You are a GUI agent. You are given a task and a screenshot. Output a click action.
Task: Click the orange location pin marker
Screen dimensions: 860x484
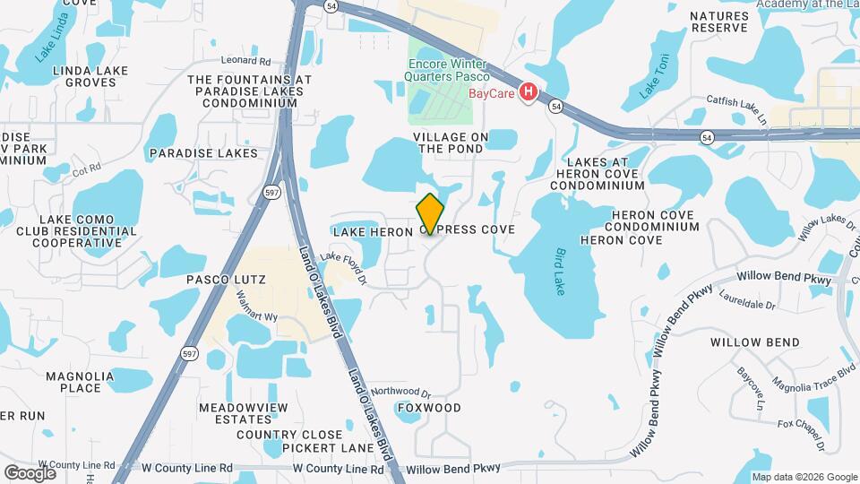431,214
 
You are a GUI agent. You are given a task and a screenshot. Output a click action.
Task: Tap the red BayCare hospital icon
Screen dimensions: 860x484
529,91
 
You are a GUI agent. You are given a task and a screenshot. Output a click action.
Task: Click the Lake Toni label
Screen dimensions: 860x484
653,78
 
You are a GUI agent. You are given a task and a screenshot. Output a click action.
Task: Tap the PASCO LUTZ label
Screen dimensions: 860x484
226,280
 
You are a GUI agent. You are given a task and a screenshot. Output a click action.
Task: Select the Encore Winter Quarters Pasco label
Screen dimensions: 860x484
446,70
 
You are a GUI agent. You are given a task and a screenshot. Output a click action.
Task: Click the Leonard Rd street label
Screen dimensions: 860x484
245,62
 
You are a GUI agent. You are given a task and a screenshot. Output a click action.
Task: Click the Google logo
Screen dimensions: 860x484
30,472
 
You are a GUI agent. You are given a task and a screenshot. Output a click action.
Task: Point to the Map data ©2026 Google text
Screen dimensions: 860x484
804,477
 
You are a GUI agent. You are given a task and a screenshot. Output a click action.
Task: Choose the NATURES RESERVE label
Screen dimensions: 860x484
718,22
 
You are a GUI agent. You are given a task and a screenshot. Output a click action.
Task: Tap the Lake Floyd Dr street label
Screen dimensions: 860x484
344,268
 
